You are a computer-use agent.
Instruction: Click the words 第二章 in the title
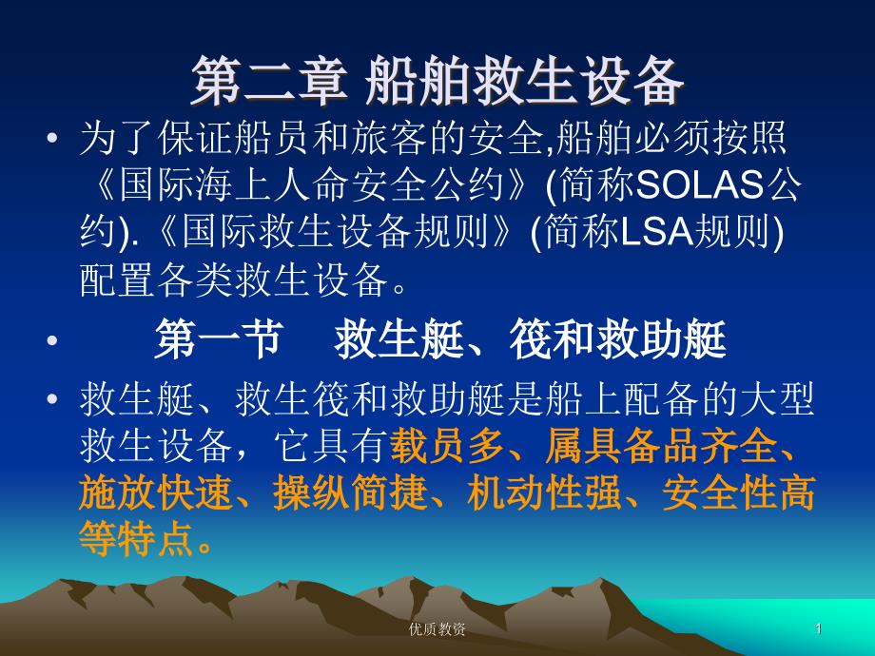[269, 82]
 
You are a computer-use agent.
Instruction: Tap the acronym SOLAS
[699, 184]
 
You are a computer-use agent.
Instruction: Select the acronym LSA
[656, 231]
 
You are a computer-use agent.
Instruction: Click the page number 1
[819, 629]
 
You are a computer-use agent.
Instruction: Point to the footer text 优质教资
[437, 629]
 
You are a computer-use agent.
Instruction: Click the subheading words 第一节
[218, 339]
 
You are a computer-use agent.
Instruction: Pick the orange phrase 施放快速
[155, 493]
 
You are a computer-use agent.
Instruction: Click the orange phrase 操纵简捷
[350, 493]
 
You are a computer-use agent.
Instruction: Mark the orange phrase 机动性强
[544, 493]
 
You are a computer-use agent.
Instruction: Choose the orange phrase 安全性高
[738, 493]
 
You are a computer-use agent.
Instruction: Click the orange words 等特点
[137, 539]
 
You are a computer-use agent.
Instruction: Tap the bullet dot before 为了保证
[52, 138]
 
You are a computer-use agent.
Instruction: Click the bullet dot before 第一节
[52, 339]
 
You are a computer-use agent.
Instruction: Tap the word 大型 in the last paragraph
[777, 399]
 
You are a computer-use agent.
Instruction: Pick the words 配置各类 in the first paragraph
[156, 279]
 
